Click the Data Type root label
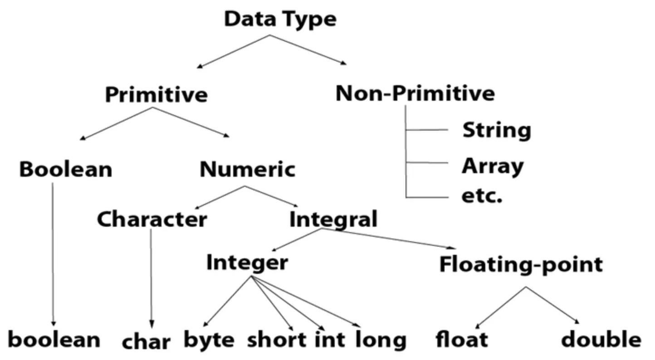[x=280, y=19]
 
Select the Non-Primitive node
[x=415, y=93]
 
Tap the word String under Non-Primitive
[x=497, y=131]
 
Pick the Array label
[x=493, y=166]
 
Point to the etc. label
[x=482, y=196]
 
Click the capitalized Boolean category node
[x=66, y=170]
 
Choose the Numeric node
[x=247, y=170]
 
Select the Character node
[x=152, y=219]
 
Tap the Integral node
[x=333, y=219]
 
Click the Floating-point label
[x=521, y=265]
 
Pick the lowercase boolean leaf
[x=54, y=340]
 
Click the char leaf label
[x=146, y=342]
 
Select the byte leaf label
[x=209, y=340]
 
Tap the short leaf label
[x=277, y=340]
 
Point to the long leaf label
[x=381, y=340]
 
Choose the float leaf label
[x=462, y=339]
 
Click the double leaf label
[x=601, y=339]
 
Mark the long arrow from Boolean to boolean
[x=53, y=254]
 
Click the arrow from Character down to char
[x=151, y=278]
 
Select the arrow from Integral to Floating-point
[x=389, y=238]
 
